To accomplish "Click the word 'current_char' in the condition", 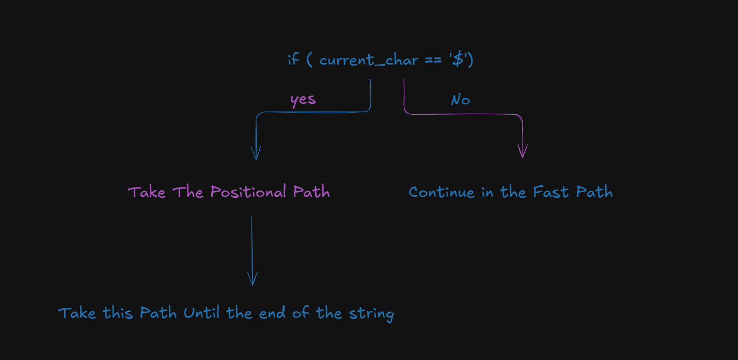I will pos(368,60).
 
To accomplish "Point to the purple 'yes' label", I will pos(303,99).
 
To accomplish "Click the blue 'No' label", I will pos(461,100).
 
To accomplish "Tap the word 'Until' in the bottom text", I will pos(202,313).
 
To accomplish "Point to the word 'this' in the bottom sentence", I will pos(119,313).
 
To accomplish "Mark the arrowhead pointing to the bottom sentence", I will pos(252,280).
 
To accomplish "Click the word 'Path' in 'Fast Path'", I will pos(594,192).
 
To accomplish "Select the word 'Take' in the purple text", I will pos(147,192).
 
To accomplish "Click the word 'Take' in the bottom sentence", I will pos(77,313).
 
